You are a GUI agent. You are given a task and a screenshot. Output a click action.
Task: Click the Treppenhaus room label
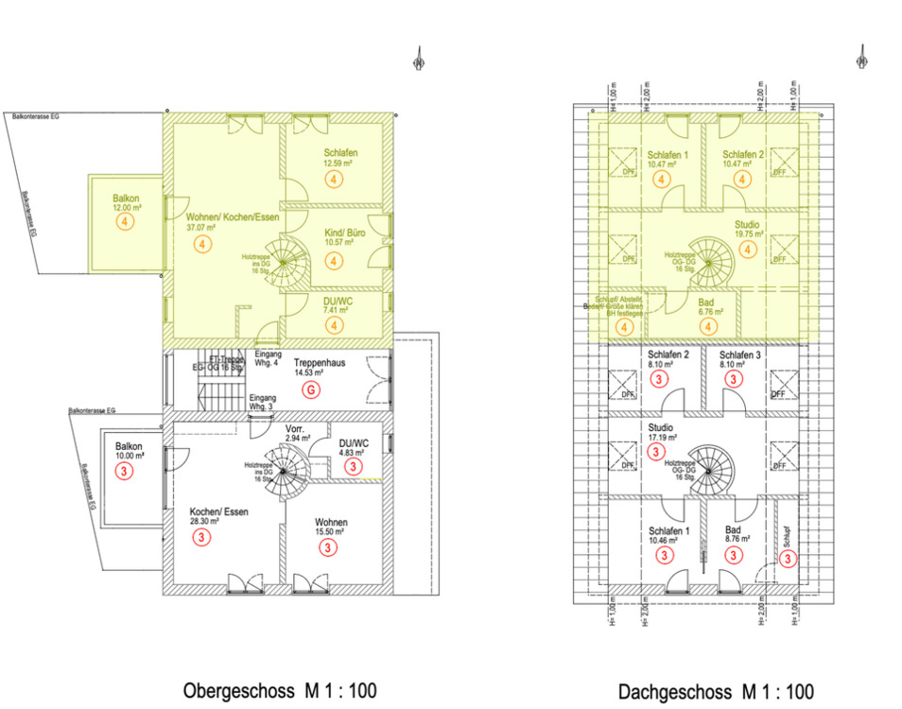click(x=318, y=362)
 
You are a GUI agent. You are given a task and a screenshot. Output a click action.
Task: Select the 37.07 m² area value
click(x=201, y=228)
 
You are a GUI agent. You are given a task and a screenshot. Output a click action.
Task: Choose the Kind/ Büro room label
click(x=344, y=230)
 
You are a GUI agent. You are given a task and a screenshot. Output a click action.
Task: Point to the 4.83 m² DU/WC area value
click(x=353, y=451)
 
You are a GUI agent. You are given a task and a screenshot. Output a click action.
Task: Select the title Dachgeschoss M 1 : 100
click(x=716, y=691)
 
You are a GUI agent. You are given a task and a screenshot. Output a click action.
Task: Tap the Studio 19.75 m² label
click(x=747, y=231)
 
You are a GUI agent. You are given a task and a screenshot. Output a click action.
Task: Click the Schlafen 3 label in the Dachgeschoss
click(x=733, y=355)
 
